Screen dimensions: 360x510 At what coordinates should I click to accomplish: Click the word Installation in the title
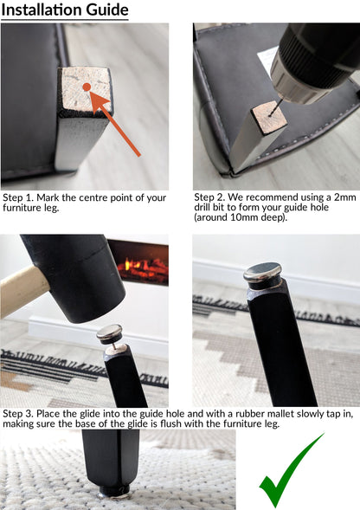point(42,10)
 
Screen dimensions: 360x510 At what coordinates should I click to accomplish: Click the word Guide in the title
point(107,10)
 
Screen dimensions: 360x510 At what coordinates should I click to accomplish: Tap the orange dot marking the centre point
point(87,87)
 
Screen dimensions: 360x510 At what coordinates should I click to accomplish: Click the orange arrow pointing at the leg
point(115,124)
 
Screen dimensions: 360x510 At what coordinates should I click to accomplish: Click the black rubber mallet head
point(75,276)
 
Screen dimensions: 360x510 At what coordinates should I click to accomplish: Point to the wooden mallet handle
point(22,290)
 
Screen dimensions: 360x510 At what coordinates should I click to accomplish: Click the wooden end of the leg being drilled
point(270,117)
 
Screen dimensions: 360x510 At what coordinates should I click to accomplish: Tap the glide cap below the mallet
point(110,334)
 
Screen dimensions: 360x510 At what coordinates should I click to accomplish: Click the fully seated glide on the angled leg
point(263,276)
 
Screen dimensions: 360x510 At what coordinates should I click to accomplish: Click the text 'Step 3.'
point(18,414)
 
